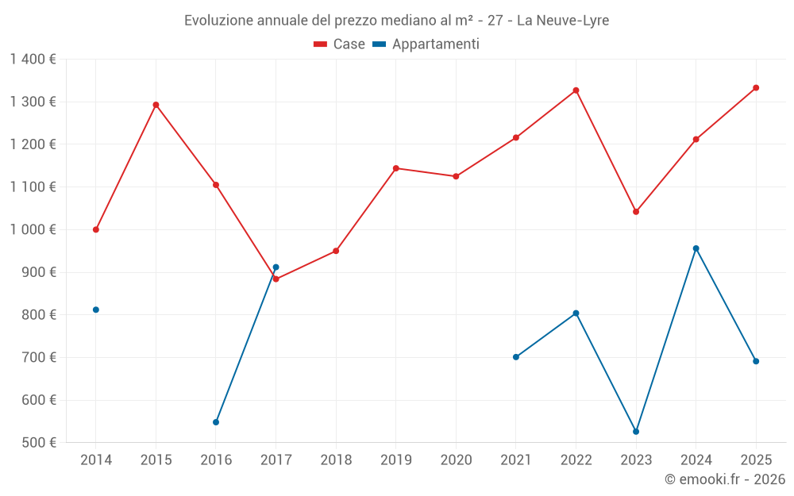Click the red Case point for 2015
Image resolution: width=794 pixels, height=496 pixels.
156,105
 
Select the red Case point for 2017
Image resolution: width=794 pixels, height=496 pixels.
276,279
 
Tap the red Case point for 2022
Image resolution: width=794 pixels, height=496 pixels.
576,90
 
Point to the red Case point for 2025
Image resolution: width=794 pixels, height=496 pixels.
756,88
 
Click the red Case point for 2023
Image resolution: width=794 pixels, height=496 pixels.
636,212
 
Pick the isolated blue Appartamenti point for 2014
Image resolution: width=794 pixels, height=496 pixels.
96,310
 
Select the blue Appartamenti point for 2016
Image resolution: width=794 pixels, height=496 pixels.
216,422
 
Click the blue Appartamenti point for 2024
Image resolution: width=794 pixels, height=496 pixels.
696,248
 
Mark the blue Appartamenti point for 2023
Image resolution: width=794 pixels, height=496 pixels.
636,432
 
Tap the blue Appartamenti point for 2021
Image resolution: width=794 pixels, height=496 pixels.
516,357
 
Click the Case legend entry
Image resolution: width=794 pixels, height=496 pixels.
340,44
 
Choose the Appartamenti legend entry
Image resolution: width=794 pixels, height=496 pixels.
426,44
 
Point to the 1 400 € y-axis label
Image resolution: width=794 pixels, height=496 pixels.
33,60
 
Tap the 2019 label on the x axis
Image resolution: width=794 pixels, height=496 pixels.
395,459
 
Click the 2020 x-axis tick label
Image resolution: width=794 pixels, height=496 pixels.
456,459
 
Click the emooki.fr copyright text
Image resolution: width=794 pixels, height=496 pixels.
724,479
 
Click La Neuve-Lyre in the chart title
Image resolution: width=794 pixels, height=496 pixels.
562,21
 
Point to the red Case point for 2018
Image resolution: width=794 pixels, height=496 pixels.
336,251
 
